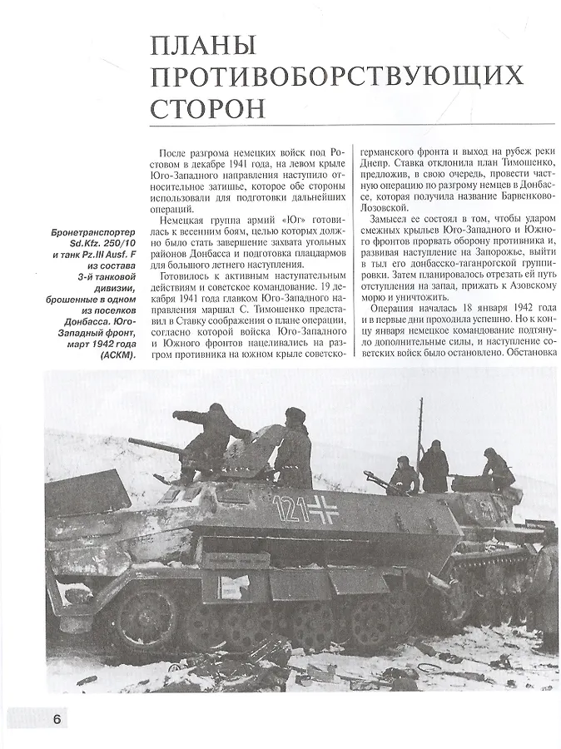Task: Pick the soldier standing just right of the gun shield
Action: tap(294, 449)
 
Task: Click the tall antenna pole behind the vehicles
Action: tap(420, 433)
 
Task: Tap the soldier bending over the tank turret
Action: tap(499, 468)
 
